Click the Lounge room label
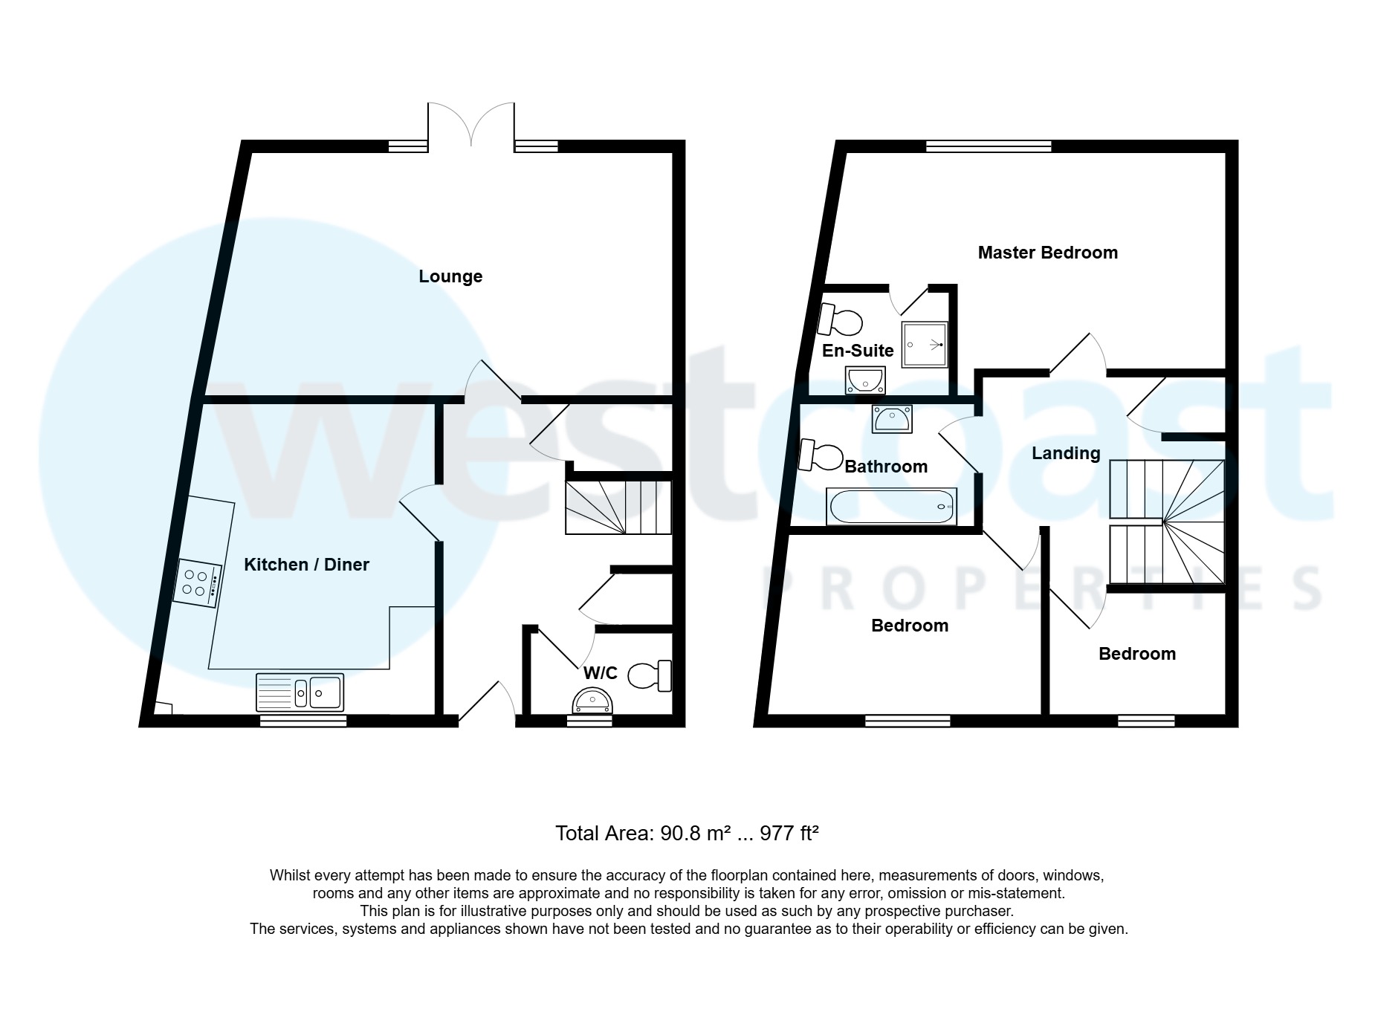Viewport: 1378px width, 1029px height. tap(450, 276)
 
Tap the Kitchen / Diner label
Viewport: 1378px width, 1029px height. tap(306, 565)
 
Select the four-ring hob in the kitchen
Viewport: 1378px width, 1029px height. tap(198, 582)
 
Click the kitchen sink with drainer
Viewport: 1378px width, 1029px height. tap(300, 692)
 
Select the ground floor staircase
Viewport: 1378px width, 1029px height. tap(618, 507)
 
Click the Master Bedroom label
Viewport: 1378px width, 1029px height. tap(1047, 253)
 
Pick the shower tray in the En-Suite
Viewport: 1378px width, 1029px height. tap(925, 345)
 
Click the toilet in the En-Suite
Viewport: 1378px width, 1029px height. tap(840, 321)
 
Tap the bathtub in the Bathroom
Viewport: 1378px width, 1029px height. tap(891, 507)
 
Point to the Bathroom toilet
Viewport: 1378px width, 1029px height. tap(821, 456)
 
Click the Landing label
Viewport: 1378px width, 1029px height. tap(1065, 453)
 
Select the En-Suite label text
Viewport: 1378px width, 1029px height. tap(858, 351)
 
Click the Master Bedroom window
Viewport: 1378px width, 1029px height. tap(989, 146)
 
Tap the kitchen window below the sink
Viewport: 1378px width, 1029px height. tap(303, 720)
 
